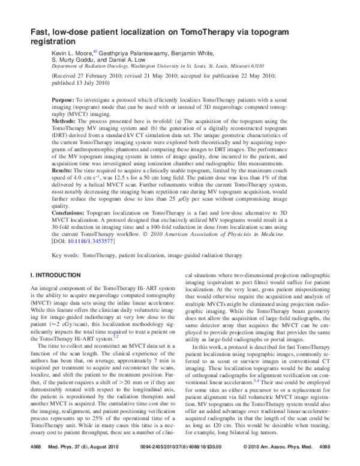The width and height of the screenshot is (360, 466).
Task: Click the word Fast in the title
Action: (x=41, y=33)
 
